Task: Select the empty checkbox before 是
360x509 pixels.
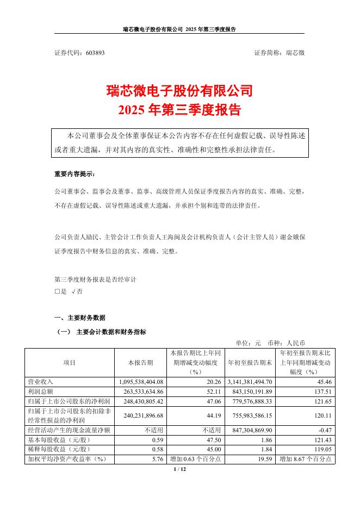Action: click(x=57, y=291)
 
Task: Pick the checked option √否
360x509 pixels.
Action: click(x=76, y=291)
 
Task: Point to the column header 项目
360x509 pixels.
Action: click(x=70, y=362)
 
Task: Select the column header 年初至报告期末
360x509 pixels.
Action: click(x=249, y=362)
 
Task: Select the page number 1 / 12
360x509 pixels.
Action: click(x=179, y=468)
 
